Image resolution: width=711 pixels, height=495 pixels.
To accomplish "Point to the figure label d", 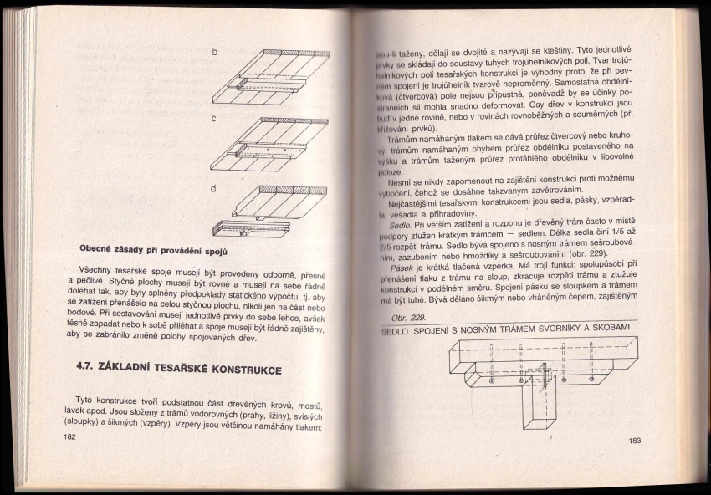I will click(214, 188).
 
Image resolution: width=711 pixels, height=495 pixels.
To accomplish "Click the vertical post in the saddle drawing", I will click(535, 410).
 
